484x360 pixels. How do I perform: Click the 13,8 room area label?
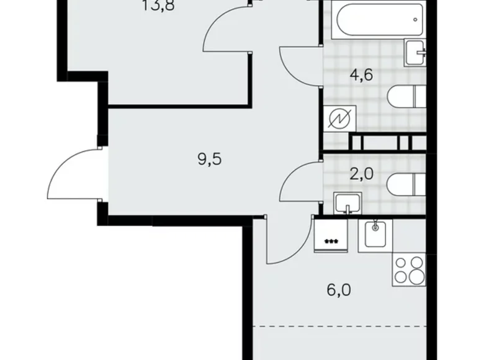[153, 8]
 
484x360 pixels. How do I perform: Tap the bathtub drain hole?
[416, 20]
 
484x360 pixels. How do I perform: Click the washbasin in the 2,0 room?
[347, 203]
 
